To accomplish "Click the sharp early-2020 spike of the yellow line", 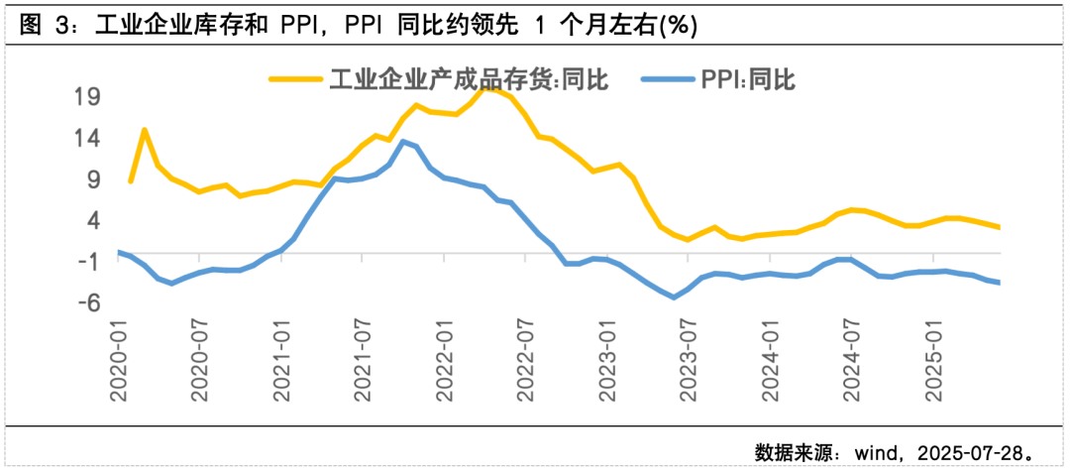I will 145,130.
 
